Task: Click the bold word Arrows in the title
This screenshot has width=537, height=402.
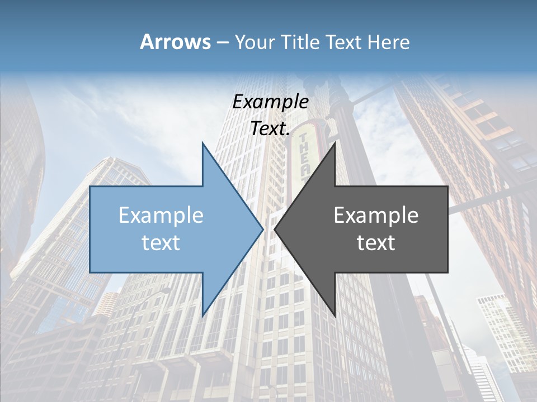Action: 175,42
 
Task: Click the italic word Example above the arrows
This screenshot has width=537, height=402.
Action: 270,102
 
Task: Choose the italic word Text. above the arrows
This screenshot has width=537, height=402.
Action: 270,128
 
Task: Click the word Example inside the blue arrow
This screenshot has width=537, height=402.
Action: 161,215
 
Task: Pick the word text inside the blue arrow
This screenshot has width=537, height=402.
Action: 161,242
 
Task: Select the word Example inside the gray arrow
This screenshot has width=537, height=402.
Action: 376,215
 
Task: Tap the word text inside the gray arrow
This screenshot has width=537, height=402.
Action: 376,242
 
